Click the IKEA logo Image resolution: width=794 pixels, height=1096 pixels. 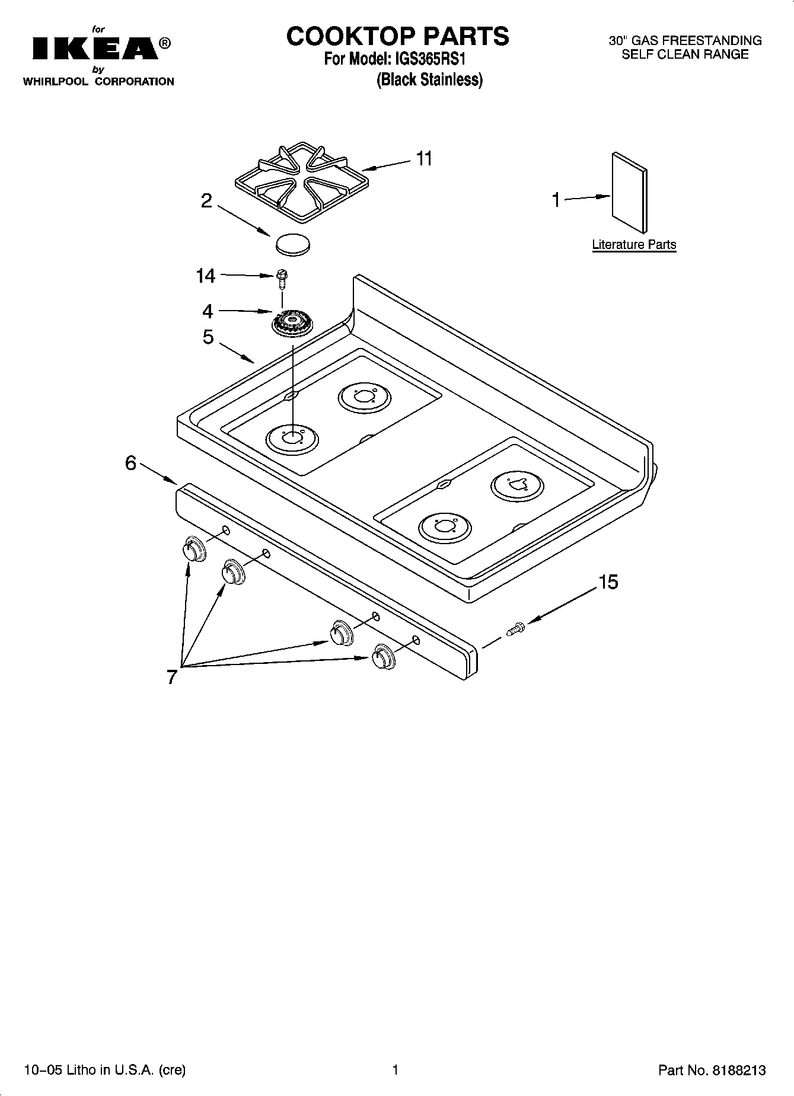[x=95, y=49]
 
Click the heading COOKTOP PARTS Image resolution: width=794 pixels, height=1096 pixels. [x=397, y=36]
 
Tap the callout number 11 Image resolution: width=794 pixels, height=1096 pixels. [x=423, y=159]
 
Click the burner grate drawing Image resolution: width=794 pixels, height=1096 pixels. [x=301, y=182]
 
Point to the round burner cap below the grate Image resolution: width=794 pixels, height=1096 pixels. [x=294, y=244]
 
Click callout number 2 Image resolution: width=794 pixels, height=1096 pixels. [x=206, y=202]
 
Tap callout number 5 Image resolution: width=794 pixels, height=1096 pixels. [x=208, y=337]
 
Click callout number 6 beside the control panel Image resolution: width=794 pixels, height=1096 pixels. [x=131, y=463]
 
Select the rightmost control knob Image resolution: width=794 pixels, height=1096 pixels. [x=383, y=658]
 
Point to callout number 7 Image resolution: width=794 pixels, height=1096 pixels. [x=172, y=676]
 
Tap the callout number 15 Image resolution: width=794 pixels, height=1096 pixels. [x=608, y=582]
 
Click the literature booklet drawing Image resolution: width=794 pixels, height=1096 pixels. [x=629, y=192]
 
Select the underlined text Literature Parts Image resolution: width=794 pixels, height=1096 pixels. [x=634, y=245]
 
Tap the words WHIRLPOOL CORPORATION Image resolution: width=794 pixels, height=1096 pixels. [x=98, y=82]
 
